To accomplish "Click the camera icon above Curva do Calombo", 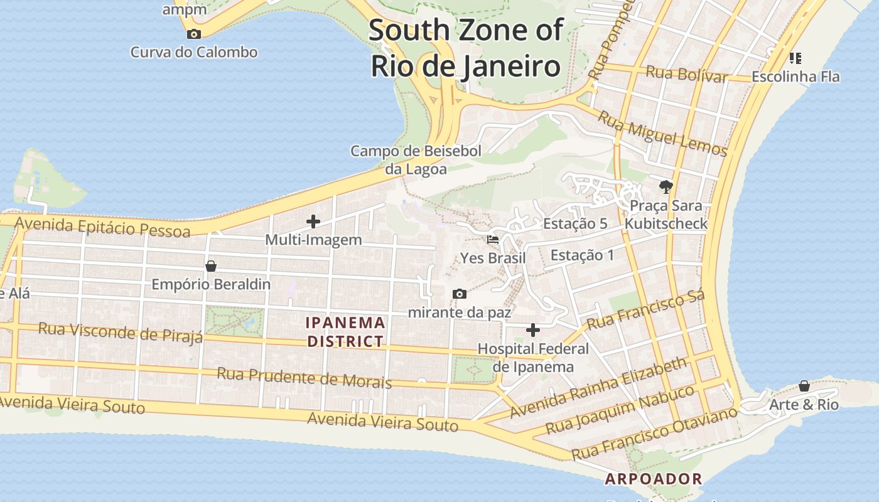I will [194, 34].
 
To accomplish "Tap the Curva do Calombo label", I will [194, 52].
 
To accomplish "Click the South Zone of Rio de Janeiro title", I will [465, 48].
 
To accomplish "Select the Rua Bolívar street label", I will [686, 73].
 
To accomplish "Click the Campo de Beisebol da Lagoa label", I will [416, 159].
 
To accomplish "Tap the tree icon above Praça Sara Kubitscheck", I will [666, 186].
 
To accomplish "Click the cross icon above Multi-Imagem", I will [313, 221].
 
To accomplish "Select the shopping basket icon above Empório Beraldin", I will [211, 266].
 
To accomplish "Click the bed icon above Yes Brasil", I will [493, 240].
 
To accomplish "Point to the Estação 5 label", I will [575, 223].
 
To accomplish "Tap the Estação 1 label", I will [582, 255].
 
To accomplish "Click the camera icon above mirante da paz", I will [460, 294].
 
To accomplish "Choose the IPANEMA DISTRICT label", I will [345, 332].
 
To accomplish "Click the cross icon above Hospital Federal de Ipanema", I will [533, 330].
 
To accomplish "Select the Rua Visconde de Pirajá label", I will [121, 332].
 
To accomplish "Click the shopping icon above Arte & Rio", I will [804, 385].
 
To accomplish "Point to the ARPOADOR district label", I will [653, 479].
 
